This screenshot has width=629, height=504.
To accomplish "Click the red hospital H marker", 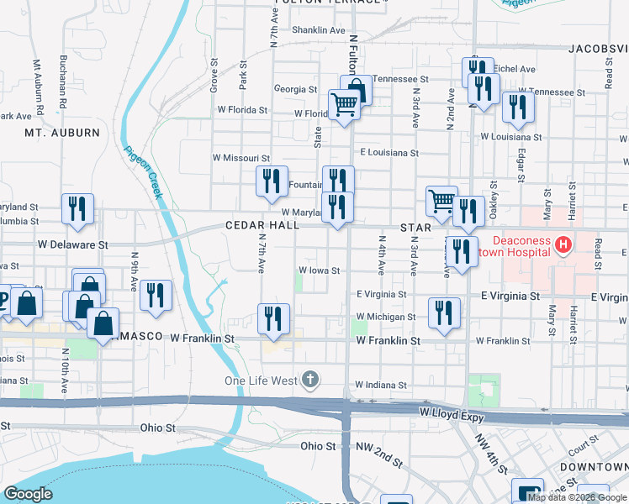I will click(x=563, y=245).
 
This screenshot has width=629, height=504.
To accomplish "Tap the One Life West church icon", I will click(x=311, y=380).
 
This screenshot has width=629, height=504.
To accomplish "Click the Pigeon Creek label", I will click(x=144, y=172).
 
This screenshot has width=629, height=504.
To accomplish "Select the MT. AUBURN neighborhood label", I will click(x=62, y=133).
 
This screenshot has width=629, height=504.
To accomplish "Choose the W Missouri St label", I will click(x=240, y=158).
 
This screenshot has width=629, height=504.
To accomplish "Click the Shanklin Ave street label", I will click(x=319, y=30).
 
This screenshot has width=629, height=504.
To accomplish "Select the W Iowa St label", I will click(x=320, y=270).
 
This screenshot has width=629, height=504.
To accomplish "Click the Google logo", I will click(x=28, y=494).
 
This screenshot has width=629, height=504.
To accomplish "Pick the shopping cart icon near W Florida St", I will click(x=344, y=105).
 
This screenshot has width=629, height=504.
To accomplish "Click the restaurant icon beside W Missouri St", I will click(x=271, y=181).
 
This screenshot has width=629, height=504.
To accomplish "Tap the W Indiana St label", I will click(x=381, y=385).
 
